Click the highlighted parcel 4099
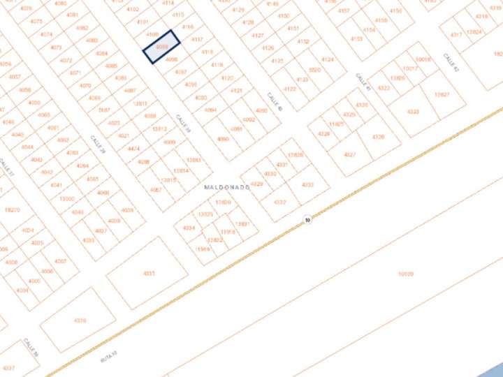click(x=161, y=47)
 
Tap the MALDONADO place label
click(x=227, y=187)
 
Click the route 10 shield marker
click(x=307, y=220)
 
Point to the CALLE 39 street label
click(x=183, y=124)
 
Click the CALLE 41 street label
click(x=362, y=82)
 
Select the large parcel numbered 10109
click(x=405, y=274)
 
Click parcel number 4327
click(x=350, y=154)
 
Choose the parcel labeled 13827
click(x=442, y=94)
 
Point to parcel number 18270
click(x=12, y=209)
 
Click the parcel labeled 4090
click(x=223, y=139)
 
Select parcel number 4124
click(x=327, y=60)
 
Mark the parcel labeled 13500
click(x=67, y=198)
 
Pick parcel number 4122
click(x=282, y=89)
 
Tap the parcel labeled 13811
click(x=140, y=103)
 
